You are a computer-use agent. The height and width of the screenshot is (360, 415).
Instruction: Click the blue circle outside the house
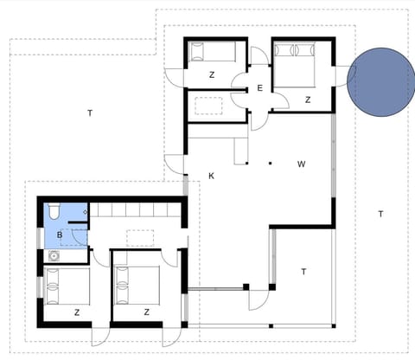click(381, 82)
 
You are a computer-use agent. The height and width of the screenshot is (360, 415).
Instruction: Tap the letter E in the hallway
click(259, 88)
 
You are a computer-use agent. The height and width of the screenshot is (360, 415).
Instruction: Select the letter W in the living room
click(301, 163)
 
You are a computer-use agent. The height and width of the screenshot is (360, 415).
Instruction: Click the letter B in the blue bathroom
click(59, 235)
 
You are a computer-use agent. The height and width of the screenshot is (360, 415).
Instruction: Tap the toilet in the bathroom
click(53, 211)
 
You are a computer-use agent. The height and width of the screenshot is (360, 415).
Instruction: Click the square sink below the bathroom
click(54, 255)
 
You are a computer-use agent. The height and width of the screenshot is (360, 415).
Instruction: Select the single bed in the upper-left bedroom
click(212, 54)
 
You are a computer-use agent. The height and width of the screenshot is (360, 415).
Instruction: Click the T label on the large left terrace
click(89, 113)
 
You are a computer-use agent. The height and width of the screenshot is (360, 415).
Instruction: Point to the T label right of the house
click(380, 214)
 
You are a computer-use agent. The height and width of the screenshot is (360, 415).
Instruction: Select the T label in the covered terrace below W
click(303, 271)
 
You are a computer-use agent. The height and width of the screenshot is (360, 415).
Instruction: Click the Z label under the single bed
click(211, 75)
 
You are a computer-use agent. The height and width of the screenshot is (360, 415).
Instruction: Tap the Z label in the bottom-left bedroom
click(77, 312)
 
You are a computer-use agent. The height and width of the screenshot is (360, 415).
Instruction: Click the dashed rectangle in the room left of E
click(211, 106)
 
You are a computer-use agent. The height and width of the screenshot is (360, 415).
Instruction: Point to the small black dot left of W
click(270, 162)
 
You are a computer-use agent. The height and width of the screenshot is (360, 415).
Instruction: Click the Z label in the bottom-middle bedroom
click(148, 312)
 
